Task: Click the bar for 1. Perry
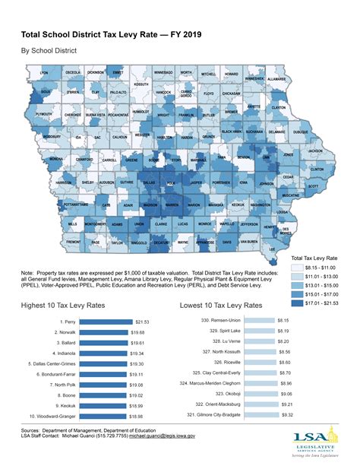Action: (106, 322)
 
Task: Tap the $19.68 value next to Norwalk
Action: (137, 333)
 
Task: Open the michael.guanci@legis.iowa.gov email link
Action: (161, 436)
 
